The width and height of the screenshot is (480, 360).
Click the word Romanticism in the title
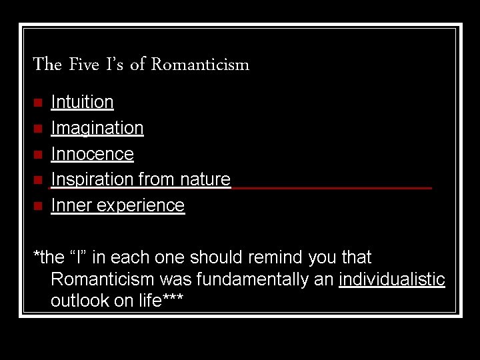(x=200, y=65)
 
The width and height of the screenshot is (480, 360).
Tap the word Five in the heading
(x=83, y=65)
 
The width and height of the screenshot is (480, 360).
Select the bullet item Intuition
(x=82, y=102)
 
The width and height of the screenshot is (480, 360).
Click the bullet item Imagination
(x=97, y=128)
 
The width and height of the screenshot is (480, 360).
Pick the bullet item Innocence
(x=92, y=154)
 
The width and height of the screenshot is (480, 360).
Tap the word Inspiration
(x=93, y=179)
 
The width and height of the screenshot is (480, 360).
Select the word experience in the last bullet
(x=140, y=205)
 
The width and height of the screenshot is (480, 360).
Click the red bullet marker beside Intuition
(x=38, y=103)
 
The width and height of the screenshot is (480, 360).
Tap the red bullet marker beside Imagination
(x=38, y=128)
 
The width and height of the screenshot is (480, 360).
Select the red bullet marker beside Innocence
(x=38, y=154)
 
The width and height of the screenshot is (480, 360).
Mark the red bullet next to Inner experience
(x=38, y=205)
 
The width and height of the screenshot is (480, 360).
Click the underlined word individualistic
(x=391, y=279)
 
